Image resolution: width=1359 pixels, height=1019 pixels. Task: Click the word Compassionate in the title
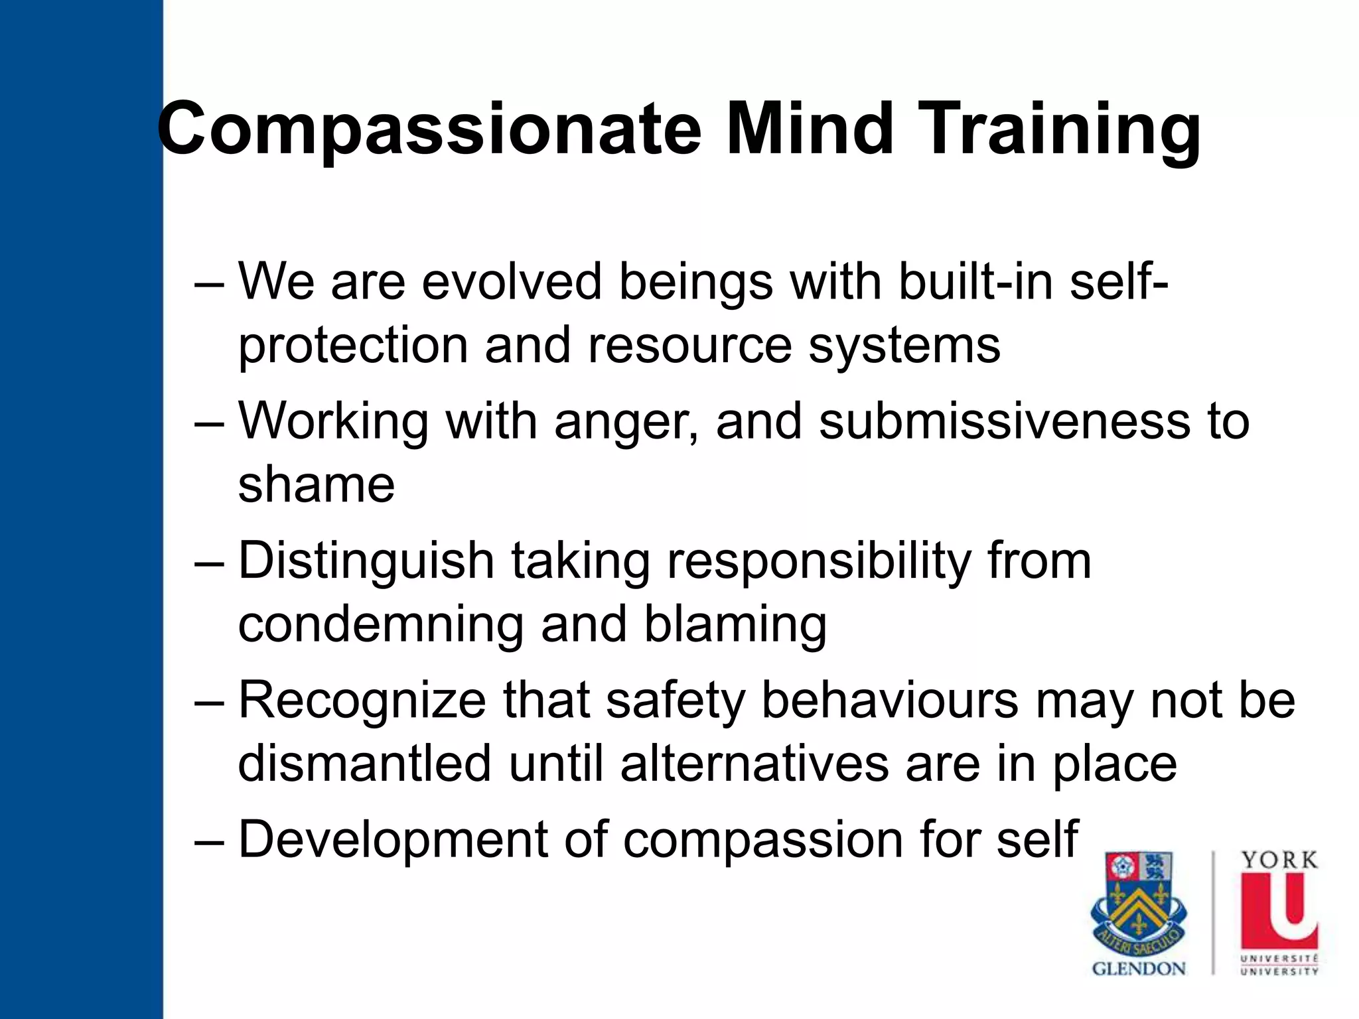click(429, 129)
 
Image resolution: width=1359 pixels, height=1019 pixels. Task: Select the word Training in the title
click(1060, 129)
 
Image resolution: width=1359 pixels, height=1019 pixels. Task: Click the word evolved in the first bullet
click(511, 281)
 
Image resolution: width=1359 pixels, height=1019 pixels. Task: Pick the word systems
click(904, 346)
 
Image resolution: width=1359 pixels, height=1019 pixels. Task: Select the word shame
click(316, 484)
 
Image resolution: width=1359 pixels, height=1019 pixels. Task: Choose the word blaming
click(735, 626)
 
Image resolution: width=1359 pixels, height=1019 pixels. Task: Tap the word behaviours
click(889, 700)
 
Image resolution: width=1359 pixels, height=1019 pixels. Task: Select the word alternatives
click(754, 764)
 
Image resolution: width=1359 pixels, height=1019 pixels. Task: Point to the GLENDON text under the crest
click(1139, 969)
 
